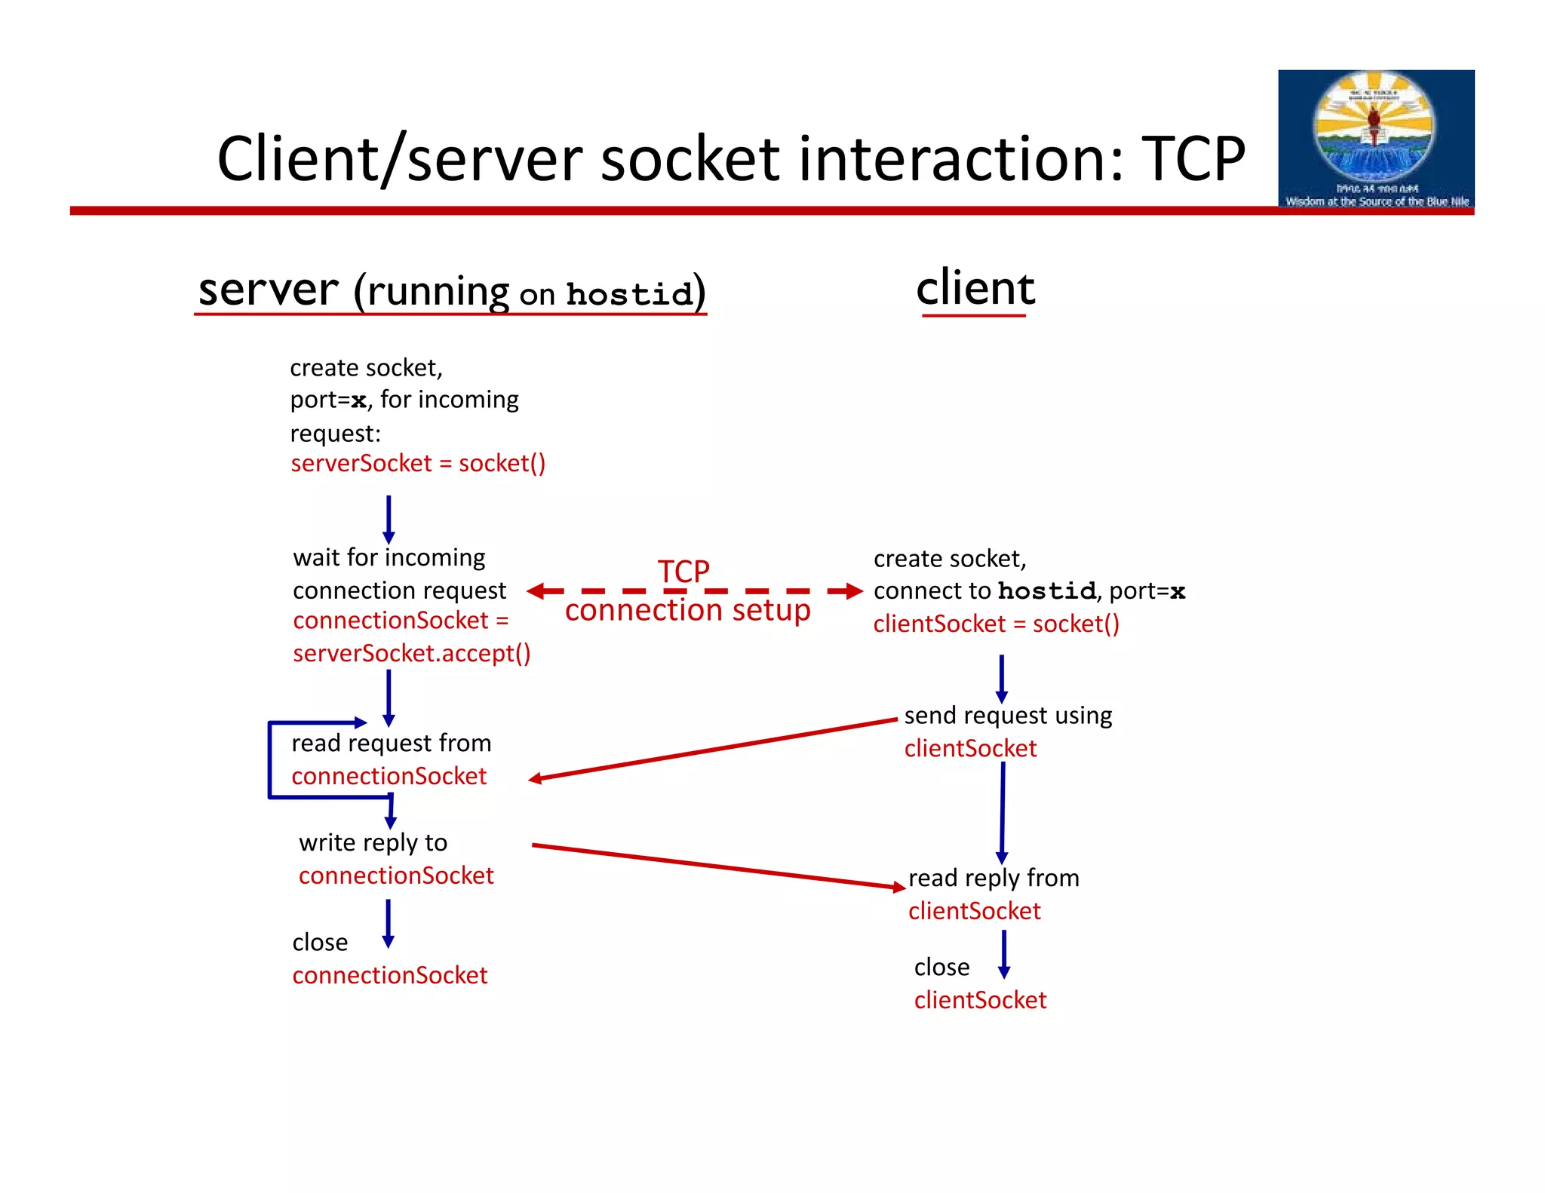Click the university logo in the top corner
[x=1375, y=139]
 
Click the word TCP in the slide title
[x=1192, y=159]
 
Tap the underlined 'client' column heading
[x=975, y=290]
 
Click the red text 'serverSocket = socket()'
[x=418, y=463]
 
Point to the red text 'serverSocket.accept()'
[x=412, y=653]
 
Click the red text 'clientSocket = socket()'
[x=996, y=624]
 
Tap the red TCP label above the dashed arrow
[x=683, y=571]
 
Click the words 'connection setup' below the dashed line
[x=687, y=610]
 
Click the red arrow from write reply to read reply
[x=717, y=866]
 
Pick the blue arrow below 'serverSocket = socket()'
[x=389, y=519]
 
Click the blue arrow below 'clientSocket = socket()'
[x=1001, y=678]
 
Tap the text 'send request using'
[x=1008, y=715]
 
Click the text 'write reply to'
[x=373, y=842]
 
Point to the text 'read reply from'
[x=994, y=878]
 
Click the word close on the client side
[x=941, y=968]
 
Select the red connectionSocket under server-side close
[x=390, y=976]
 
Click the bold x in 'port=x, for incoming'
[x=358, y=400]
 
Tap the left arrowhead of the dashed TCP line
[x=536, y=591]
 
